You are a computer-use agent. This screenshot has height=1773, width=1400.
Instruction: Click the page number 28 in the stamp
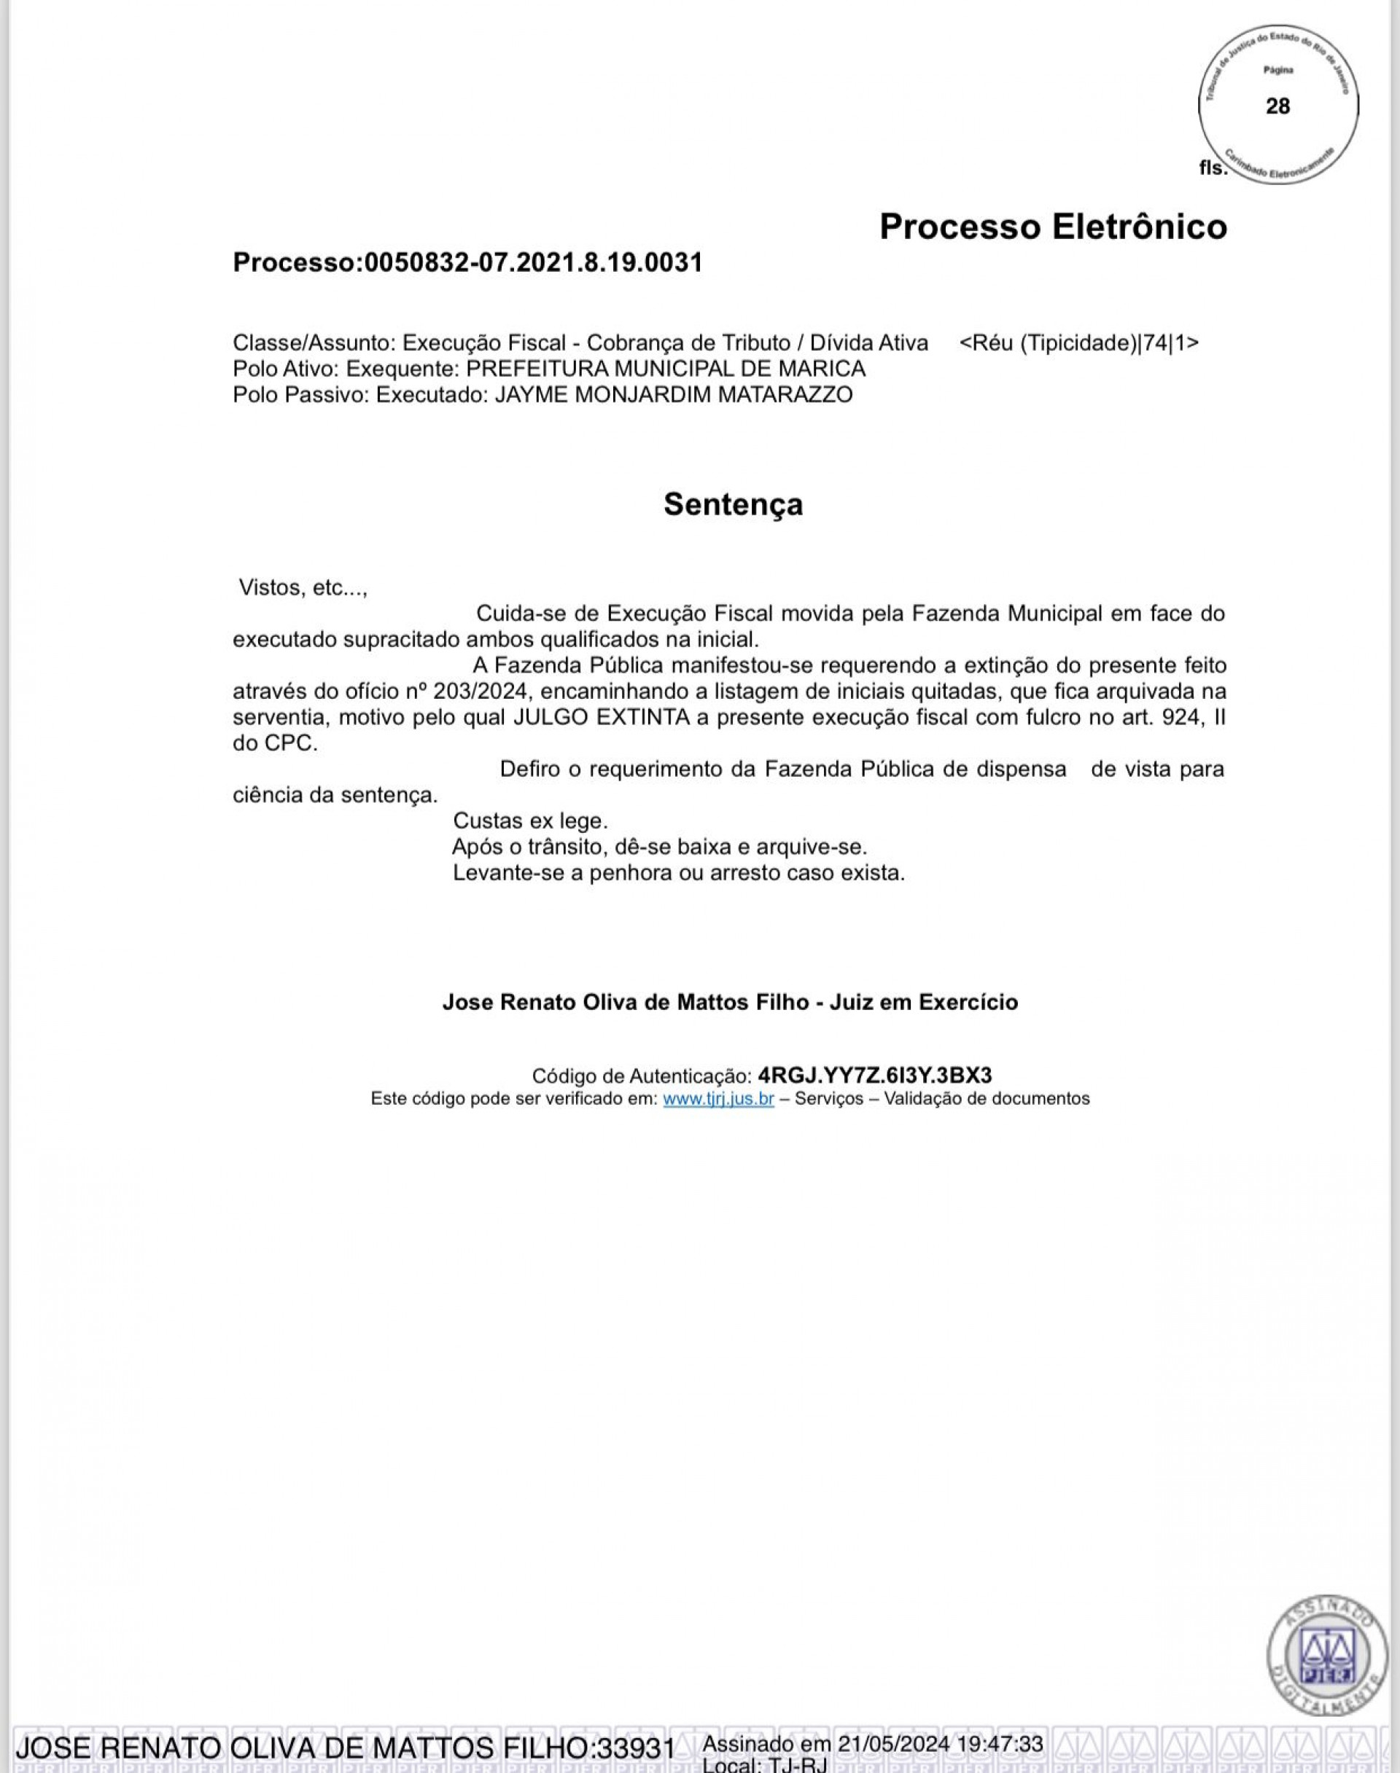tap(1277, 106)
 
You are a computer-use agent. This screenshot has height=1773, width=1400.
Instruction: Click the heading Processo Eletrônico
tap(1052, 227)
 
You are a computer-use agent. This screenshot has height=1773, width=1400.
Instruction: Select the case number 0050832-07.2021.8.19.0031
tap(533, 263)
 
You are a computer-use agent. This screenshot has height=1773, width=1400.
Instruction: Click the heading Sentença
tap(733, 504)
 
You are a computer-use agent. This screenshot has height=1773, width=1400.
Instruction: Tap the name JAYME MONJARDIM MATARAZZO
tap(673, 395)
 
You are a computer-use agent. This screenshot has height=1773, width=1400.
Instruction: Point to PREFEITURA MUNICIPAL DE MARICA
tap(665, 369)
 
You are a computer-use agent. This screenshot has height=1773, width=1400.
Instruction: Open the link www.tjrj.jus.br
tap(718, 1099)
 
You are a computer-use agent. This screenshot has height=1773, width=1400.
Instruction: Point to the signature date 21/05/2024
tap(893, 1744)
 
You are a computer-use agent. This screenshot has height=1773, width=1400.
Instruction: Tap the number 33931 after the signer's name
tap(636, 1748)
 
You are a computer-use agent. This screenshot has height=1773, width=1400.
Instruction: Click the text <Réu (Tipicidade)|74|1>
tap(1078, 343)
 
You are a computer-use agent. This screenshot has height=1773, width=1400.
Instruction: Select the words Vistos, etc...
tap(302, 587)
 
